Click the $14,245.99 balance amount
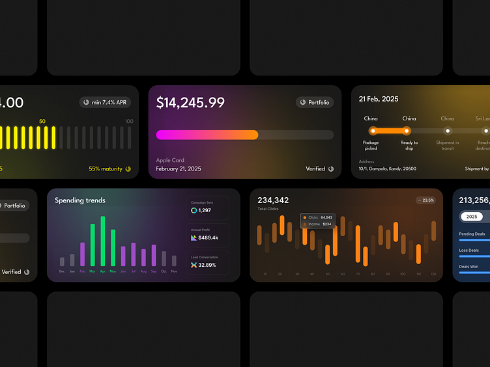click(x=190, y=103)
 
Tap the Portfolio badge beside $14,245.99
click(x=315, y=102)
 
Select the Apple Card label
click(x=171, y=159)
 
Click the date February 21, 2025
click(x=179, y=169)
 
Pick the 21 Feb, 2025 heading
click(x=379, y=100)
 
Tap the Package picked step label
click(x=371, y=145)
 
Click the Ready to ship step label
click(x=409, y=145)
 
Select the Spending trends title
click(x=79, y=200)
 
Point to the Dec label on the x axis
click(x=62, y=271)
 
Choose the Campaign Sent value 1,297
click(x=205, y=210)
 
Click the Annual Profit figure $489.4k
click(x=208, y=238)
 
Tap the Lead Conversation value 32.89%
click(x=207, y=265)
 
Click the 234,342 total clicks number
click(x=273, y=200)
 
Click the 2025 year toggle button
click(x=472, y=217)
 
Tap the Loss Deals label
click(x=469, y=250)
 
